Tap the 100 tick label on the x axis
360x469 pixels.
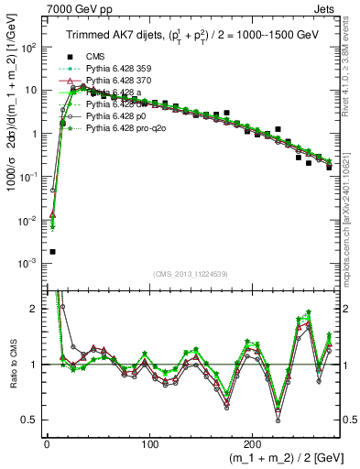148,442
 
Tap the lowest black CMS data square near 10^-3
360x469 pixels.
52,251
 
